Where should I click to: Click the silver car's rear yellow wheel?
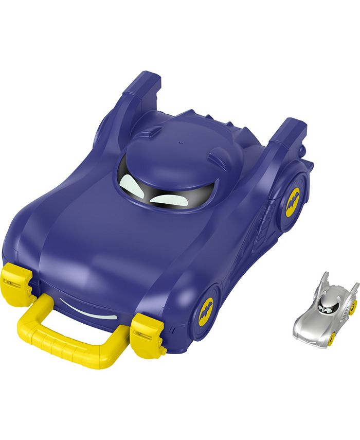click(x=353, y=308)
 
